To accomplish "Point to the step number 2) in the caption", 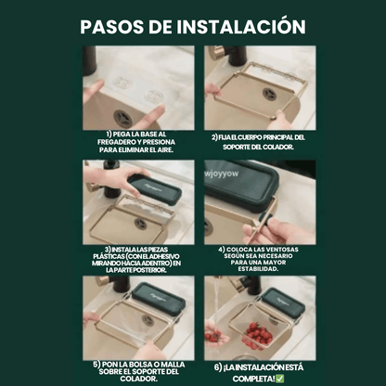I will [215, 137].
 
